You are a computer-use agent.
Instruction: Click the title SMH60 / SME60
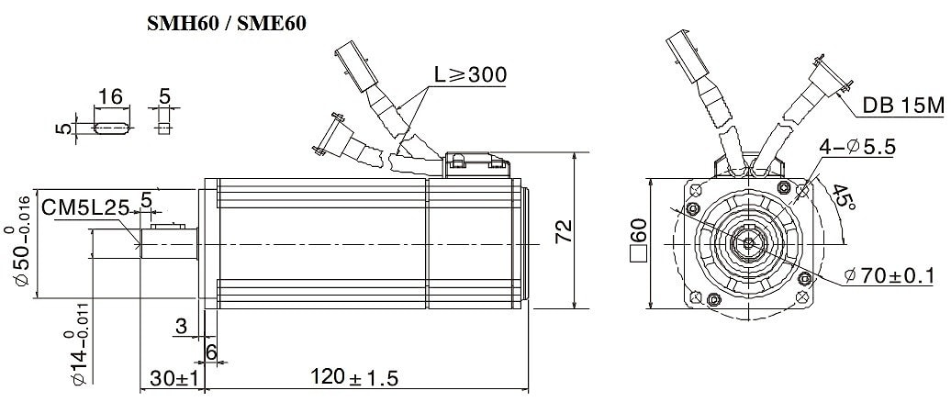[x=227, y=24]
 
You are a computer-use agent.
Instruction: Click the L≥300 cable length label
[x=470, y=74]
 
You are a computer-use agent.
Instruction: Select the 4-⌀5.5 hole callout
[x=857, y=147]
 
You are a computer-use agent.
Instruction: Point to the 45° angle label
[x=844, y=197]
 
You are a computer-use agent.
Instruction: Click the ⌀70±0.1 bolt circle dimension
[x=889, y=276]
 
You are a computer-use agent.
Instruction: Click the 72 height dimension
[x=564, y=231]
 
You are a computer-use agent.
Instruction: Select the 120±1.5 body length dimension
[x=355, y=378]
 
